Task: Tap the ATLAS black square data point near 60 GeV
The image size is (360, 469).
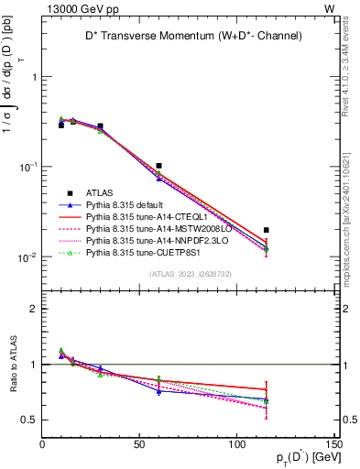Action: point(159,166)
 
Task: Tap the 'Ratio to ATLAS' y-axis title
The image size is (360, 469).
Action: point(13,365)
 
